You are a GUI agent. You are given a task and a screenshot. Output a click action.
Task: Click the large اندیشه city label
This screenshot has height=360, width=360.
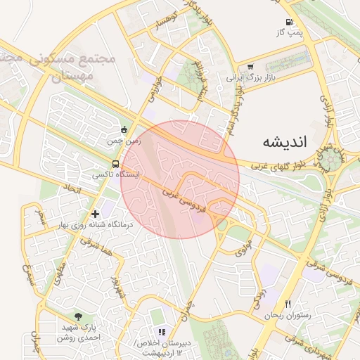285,141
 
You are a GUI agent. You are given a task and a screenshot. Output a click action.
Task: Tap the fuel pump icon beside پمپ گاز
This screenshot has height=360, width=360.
290,22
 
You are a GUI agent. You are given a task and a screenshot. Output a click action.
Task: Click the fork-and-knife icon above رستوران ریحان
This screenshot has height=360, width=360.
287,304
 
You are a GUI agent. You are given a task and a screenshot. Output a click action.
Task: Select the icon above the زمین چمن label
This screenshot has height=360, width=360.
124,129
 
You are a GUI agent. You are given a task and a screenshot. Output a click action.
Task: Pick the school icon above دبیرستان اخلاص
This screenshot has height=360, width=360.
162,332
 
